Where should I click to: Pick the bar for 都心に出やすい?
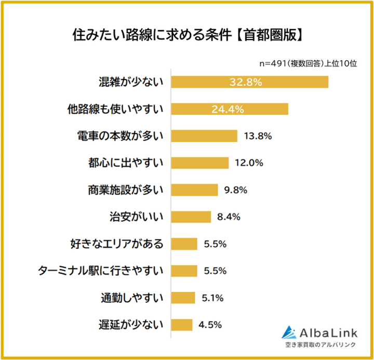tap(200, 163)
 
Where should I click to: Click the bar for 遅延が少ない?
tap(181, 325)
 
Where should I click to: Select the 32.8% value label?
tap(247, 82)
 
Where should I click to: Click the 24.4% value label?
tap(228, 109)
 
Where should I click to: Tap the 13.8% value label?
tap(258, 136)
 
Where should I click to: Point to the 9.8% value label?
tap(235, 190)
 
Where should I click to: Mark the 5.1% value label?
tap(212, 298)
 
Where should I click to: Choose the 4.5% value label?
tap(210, 325)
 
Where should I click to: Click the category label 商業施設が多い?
tap(125, 190)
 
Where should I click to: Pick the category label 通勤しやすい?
tap(132, 298)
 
